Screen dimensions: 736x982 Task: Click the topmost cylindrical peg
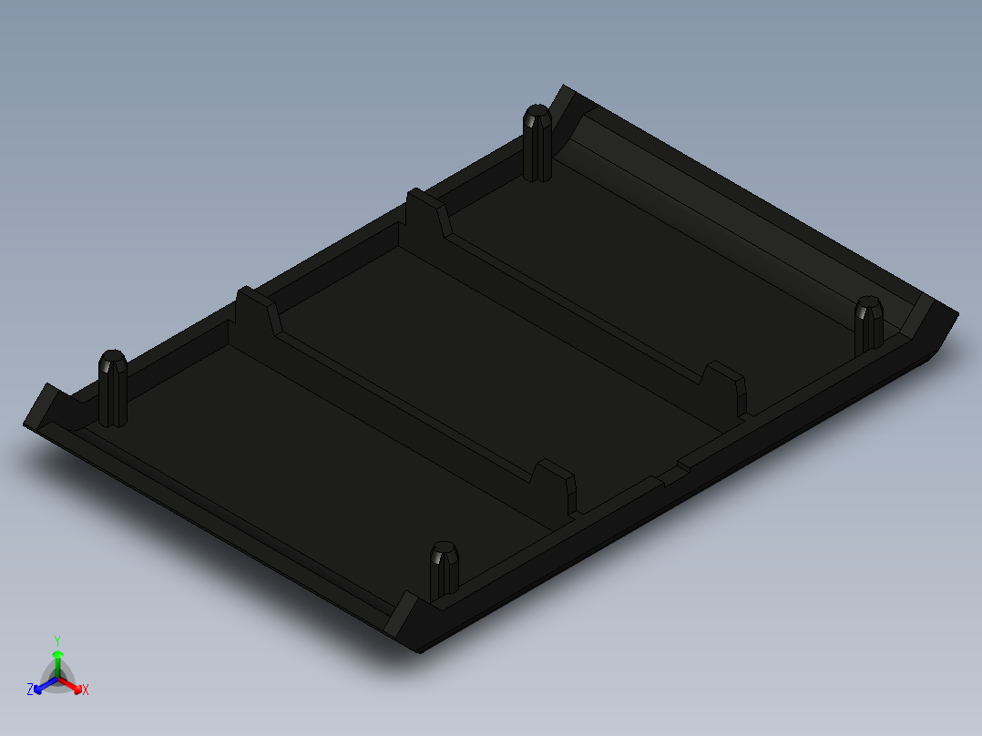pos(537,143)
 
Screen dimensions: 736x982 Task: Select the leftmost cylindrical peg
pos(113,387)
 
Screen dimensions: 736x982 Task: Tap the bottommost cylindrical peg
pos(444,570)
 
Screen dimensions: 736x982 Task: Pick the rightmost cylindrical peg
pos(868,322)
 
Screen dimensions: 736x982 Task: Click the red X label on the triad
pos(86,690)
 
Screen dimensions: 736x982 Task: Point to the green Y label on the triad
pos(57,640)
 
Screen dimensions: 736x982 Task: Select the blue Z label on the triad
pos(30,690)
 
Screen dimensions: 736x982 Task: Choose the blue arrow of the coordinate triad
pos(40,686)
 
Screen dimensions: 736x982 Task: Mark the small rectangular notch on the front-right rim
pos(672,475)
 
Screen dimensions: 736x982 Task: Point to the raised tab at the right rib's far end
pos(426,212)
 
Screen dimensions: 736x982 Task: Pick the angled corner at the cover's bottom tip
pos(407,619)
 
